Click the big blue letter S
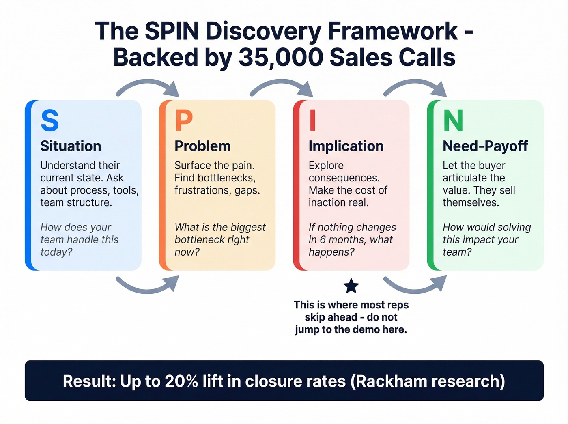click(x=50, y=121)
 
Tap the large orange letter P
click(x=183, y=121)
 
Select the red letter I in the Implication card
click(x=312, y=121)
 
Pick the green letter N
click(x=453, y=121)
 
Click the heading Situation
click(x=71, y=146)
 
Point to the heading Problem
click(x=202, y=146)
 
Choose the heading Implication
click(x=346, y=146)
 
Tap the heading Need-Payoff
click(x=485, y=146)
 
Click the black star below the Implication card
click(x=351, y=286)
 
